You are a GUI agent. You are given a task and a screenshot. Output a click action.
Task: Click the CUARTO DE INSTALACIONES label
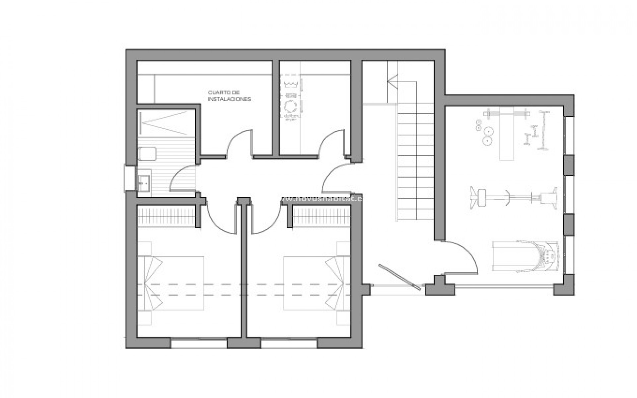point(229,96)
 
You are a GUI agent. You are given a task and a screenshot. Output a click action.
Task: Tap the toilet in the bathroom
point(147,153)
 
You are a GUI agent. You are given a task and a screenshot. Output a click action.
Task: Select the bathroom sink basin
point(144,181)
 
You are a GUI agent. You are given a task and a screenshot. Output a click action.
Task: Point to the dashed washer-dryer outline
point(291,98)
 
